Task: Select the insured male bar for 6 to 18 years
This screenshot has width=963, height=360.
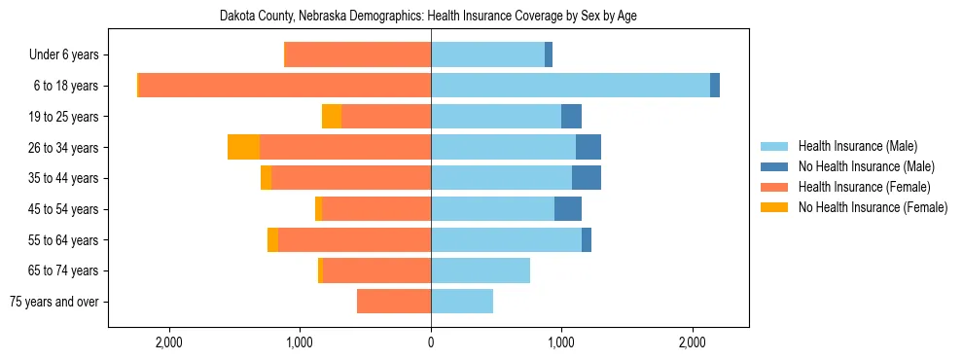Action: [x=570, y=86]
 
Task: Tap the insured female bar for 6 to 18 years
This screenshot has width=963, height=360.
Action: [x=285, y=86]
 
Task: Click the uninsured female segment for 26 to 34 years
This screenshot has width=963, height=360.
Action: [x=243, y=147]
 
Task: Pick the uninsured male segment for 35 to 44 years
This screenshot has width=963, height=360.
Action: [x=587, y=178]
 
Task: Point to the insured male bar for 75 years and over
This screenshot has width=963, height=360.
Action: [x=462, y=302]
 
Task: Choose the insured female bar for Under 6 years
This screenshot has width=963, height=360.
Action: [x=357, y=55]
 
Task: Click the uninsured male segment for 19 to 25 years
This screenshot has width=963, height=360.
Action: [x=571, y=117]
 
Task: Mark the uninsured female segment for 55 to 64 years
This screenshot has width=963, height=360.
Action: [x=272, y=239]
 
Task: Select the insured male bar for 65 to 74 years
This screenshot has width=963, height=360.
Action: [x=481, y=270]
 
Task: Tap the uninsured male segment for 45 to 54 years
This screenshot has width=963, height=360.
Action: [x=568, y=209]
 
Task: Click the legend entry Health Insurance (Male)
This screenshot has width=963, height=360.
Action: [x=857, y=147]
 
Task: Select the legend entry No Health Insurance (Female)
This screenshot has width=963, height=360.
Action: [x=873, y=207]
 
